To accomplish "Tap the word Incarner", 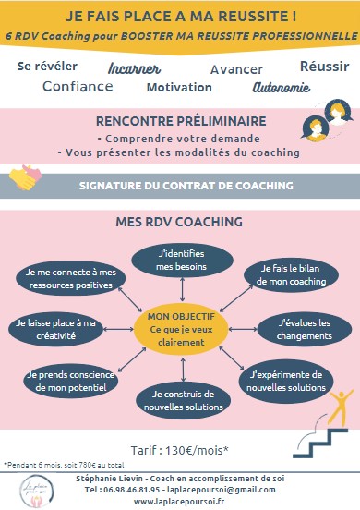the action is (135, 68).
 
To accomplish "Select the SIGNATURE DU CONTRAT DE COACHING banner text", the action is (186, 186).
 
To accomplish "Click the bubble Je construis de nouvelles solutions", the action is (181, 402).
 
